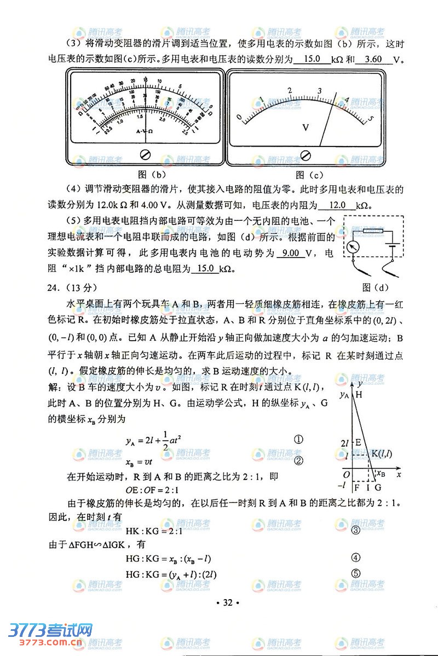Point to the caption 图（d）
374,286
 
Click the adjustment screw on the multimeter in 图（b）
146,154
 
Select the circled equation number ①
299,440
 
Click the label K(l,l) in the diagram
382,453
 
